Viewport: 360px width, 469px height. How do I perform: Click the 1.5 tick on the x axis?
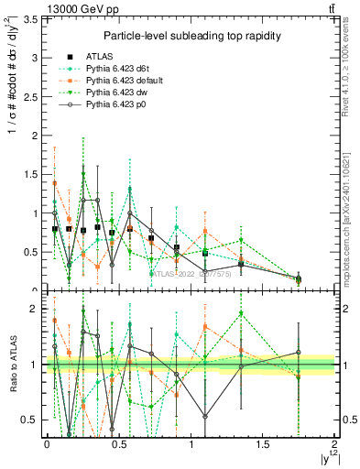263,443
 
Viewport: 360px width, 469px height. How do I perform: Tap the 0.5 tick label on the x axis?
118,443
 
